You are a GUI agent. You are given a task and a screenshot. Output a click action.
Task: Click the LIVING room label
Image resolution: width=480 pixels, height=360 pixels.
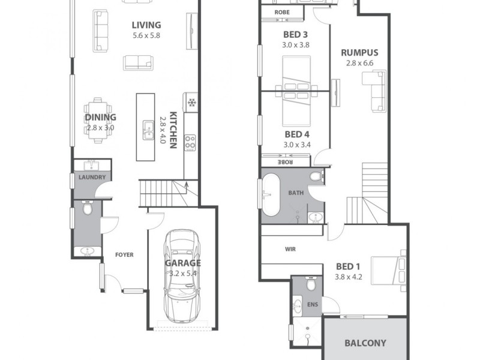click(146, 25)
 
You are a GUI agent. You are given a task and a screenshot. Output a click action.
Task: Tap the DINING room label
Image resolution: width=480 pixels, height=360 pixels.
click(100, 118)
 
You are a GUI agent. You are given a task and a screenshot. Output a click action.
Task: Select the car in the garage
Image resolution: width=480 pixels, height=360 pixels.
click(182, 276)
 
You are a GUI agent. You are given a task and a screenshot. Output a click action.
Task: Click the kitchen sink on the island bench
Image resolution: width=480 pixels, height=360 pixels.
click(148, 130)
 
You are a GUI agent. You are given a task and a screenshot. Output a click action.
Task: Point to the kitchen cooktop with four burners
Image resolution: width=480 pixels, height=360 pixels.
click(190, 142)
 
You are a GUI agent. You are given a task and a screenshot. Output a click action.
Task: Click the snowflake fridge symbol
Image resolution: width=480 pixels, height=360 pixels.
click(192, 102)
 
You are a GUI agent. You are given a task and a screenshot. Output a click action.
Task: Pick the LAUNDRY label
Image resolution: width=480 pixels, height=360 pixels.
click(92, 178)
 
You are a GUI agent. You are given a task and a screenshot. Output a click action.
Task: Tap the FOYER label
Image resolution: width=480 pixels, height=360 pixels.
click(124, 255)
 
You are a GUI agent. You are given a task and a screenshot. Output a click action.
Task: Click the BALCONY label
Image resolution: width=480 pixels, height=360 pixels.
click(365, 344)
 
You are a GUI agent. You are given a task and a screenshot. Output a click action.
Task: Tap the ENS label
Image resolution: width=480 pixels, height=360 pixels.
click(313, 305)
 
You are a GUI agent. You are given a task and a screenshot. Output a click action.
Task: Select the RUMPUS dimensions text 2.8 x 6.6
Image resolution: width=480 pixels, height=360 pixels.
click(359, 62)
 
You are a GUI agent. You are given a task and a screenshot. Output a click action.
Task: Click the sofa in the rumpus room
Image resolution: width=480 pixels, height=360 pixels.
click(377, 91)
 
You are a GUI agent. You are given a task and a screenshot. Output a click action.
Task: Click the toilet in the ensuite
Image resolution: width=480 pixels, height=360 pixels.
click(311, 285)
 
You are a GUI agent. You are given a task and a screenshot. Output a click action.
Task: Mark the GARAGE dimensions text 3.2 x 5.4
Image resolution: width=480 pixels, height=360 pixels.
click(183, 273)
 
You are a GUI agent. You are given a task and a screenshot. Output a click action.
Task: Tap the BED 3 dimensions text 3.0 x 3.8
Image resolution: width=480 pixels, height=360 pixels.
click(295, 44)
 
